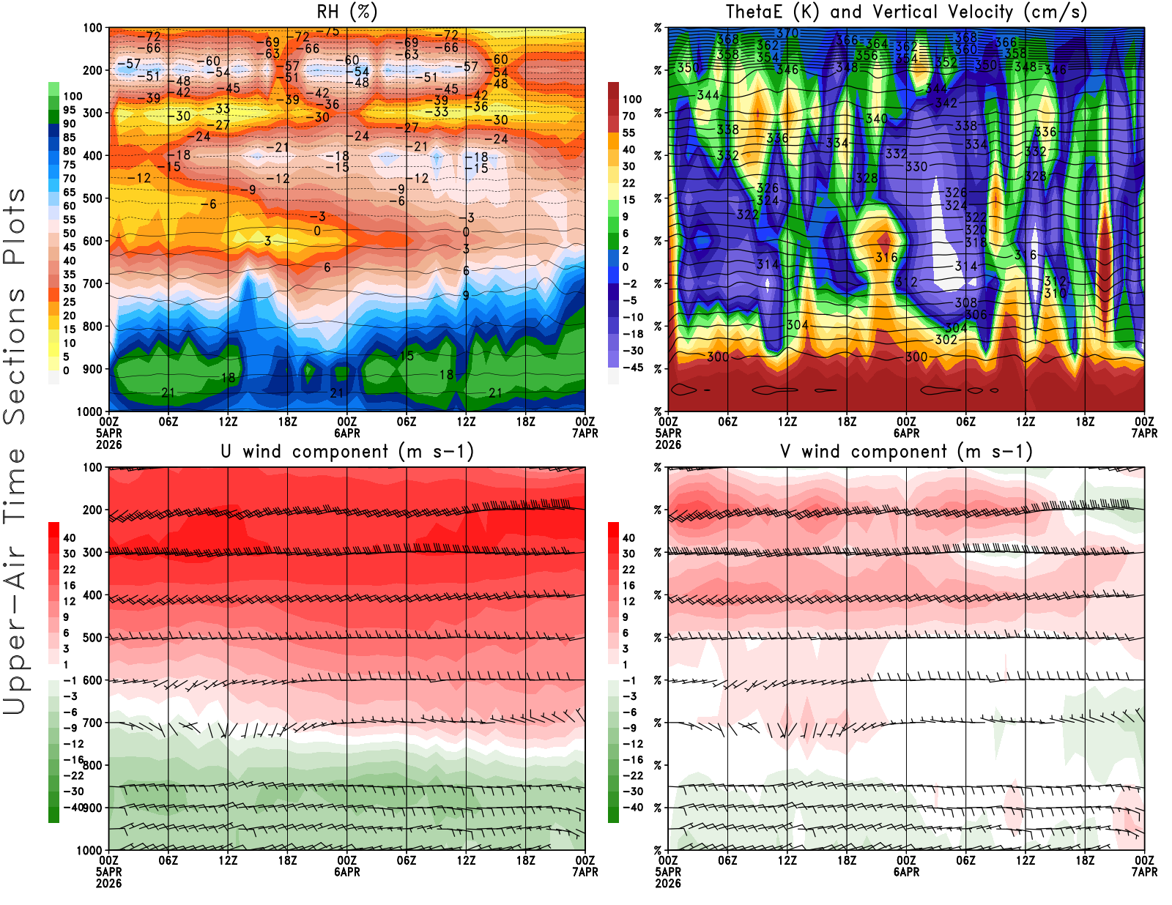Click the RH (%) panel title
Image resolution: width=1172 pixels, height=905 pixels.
coord(346,12)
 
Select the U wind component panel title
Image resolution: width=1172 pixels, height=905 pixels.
coord(346,451)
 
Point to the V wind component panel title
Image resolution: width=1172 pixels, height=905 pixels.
coord(906,451)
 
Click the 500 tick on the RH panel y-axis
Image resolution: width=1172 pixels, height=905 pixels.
coord(93,198)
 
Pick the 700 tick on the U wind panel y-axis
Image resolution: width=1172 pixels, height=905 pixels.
coord(93,723)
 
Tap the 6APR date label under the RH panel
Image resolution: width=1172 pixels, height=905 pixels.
coord(347,433)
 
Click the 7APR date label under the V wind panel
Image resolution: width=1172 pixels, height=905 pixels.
coord(1144,871)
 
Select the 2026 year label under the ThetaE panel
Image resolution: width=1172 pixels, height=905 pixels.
coord(668,444)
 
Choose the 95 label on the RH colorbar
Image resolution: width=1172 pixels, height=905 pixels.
coord(69,110)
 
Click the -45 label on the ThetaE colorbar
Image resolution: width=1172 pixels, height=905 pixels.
coord(633,368)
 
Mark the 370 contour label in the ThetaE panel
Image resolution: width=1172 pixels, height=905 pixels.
coord(787,33)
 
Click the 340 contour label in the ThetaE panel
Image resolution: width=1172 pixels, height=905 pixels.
coord(877,119)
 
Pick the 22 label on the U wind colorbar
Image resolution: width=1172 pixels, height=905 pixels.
coord(69,570)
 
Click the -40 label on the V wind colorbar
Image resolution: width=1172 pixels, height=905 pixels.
coord(633,808)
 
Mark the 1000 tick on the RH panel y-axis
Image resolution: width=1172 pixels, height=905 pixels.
coord(90,411)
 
